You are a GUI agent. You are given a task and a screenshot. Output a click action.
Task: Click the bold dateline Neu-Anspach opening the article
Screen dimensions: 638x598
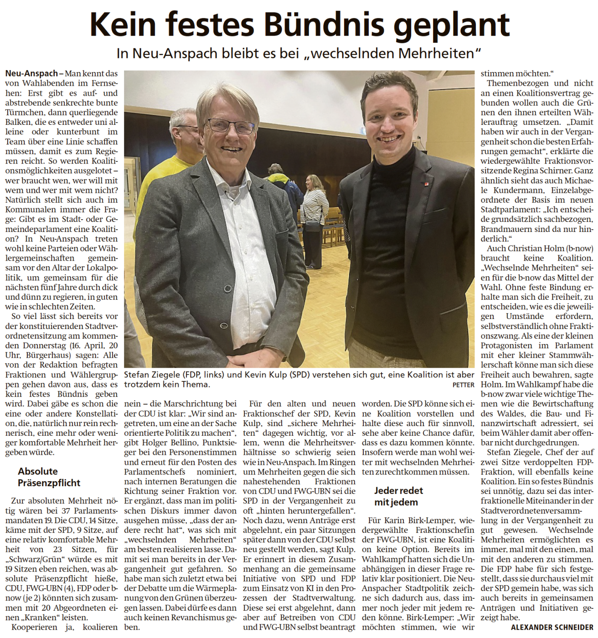click(x=31, y=73)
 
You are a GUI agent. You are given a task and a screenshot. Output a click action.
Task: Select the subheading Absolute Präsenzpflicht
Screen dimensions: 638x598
click(x=49, y=477)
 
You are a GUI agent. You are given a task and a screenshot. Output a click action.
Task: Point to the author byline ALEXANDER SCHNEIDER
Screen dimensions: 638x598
click(x=552, y=628)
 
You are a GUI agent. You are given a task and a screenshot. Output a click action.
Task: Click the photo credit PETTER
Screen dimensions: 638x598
click(x=463, y=385)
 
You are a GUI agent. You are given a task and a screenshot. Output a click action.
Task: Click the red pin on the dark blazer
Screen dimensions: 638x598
click(x=426, y=184)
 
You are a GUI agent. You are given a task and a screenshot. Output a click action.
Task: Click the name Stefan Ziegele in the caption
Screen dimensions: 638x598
click(x=151, y=375)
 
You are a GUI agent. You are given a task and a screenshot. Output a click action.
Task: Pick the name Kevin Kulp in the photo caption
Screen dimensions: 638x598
click(x=266, y=375)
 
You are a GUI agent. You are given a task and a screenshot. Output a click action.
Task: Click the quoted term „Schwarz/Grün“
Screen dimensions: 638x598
click(x=30, y=559)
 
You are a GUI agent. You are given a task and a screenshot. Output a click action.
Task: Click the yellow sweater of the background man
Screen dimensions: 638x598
click(x=157, y=182)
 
